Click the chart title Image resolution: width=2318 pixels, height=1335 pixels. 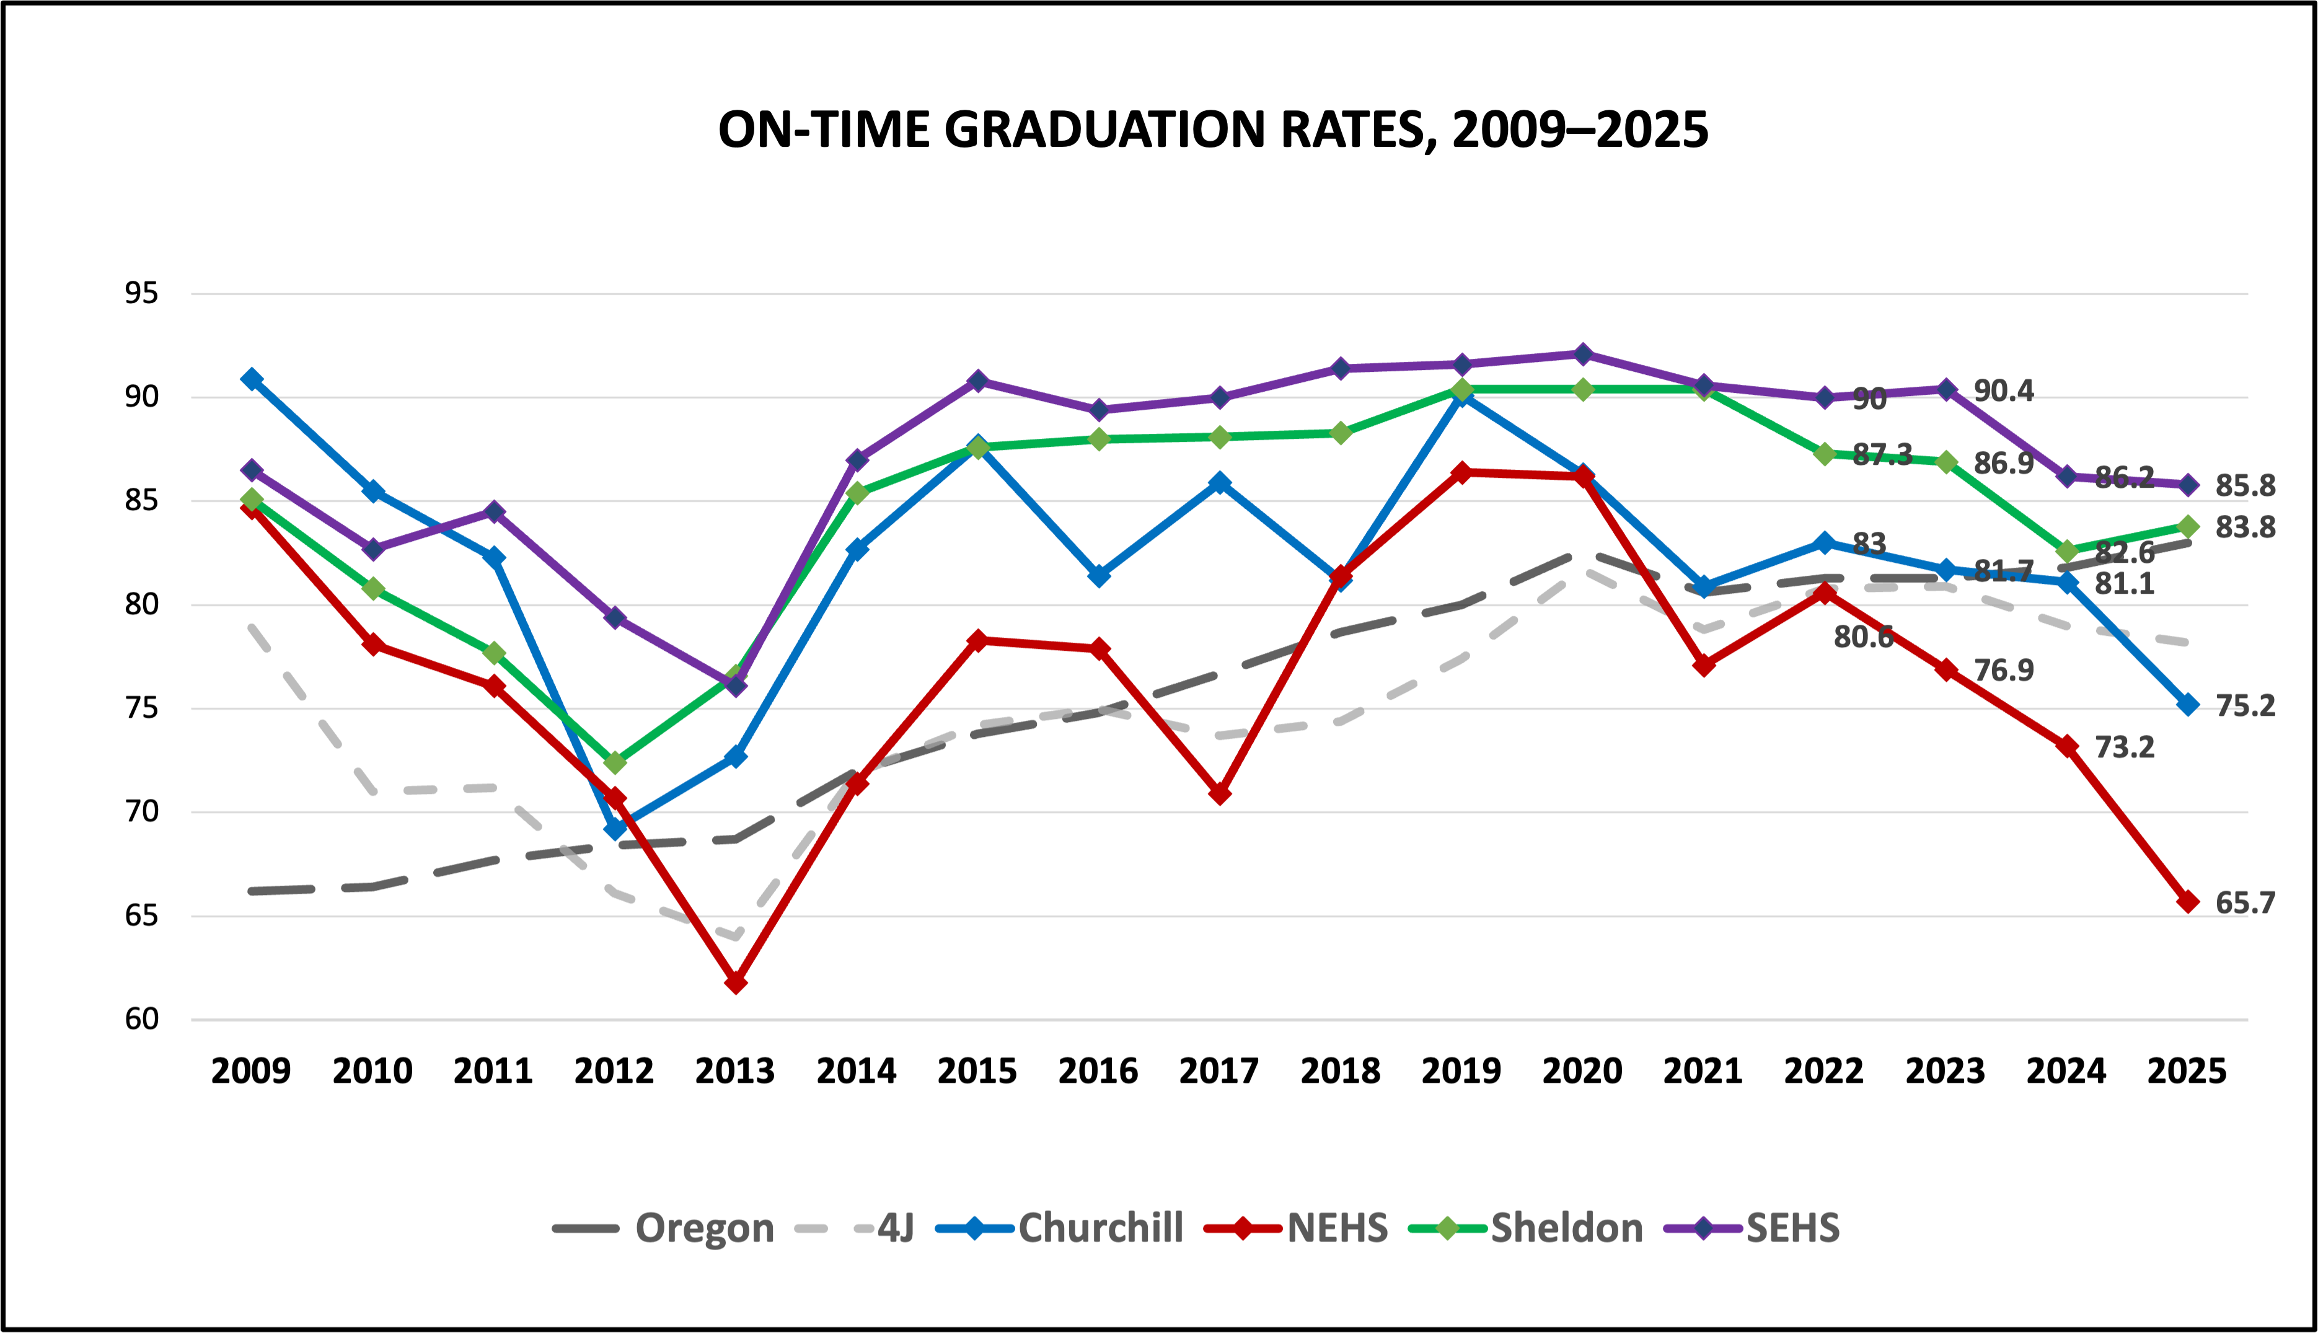tap(1212, 130)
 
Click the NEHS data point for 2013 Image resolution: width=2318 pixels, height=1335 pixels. tap(736, 982)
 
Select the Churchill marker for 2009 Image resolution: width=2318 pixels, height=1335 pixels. tap(251, 379)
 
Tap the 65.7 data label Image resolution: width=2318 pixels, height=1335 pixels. tap(2245, 903)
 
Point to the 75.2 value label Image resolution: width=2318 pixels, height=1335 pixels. tap(2245, 706)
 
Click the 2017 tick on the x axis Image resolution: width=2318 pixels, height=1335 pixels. tap(1218, 1071)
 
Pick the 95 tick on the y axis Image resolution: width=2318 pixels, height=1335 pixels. tap(142, 293)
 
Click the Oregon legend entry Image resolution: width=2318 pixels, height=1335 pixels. tap(703, 1228)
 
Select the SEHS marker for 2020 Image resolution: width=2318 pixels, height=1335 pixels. tap(1582, 353)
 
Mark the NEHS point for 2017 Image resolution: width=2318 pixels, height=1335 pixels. tap(1220, 793)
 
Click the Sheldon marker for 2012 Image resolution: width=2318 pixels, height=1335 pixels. tap(615, 762)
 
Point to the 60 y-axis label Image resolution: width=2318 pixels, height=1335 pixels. tap(142, 1019)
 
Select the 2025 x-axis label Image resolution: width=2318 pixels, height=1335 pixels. tap(2187, 1071)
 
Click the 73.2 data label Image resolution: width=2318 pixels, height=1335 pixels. tap(2125, 748)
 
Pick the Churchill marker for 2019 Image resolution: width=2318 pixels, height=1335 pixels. tap(1461, 396)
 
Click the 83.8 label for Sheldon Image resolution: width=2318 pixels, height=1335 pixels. tap(2245, 527)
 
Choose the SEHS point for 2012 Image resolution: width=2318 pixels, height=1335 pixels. tap(615, 617)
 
